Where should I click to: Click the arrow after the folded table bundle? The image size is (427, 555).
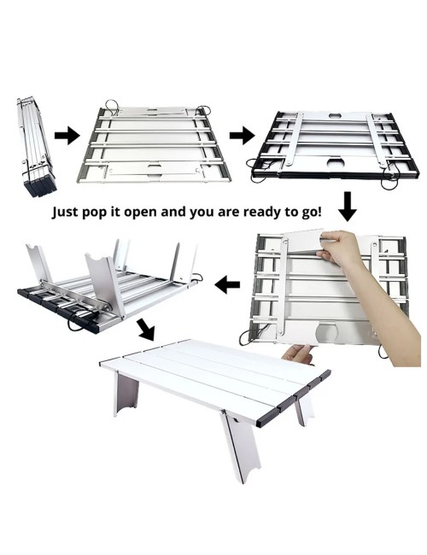[x=67, y=136]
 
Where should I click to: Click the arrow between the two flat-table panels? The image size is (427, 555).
[x=242, y=136]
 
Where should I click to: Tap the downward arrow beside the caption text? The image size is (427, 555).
[x=348, y=207]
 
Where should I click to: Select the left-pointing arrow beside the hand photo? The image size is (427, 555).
[x=227, y=284]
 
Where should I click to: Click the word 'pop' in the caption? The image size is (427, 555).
[x=93, y=213]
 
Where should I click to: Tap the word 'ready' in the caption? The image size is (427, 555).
[x=260, y=213]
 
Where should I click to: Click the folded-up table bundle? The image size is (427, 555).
[x=35, y=146]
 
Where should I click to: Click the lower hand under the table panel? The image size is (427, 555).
[x=299, y=354]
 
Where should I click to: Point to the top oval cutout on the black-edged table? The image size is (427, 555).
[x=334, y=115]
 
